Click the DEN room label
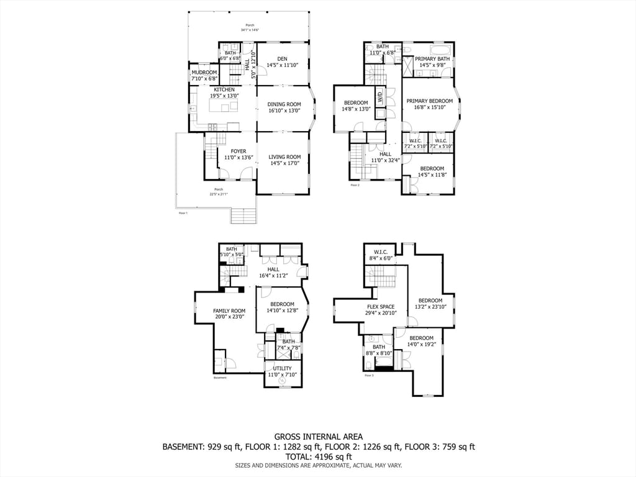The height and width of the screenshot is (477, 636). coord(283,58)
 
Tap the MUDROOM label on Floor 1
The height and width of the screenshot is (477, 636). coord(204,73)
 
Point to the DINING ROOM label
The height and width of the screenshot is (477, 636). coord(284,104)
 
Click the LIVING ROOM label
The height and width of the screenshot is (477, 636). coord(284,157)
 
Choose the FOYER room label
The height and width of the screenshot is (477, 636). coord(238,152)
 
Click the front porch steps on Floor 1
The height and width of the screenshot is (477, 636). coord(243,216)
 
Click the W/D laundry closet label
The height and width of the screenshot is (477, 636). coord(380,98)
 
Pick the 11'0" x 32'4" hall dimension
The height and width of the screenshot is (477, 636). coord(385,161)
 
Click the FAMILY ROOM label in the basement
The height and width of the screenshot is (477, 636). coord(229,311)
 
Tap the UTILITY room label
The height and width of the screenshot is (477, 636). coord(282,368)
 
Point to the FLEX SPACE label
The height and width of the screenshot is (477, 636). coord(381,307)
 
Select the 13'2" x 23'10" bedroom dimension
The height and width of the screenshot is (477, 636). coord(430,307)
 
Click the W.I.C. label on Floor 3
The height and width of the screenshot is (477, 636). coord(381,252)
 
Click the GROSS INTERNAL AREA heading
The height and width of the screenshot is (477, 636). coord(318,437)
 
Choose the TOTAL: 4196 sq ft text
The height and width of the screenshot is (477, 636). coord(318,456)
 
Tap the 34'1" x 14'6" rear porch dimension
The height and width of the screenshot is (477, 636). coord(250,30)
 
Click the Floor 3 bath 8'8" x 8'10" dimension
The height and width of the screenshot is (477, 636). coord(378,353)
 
